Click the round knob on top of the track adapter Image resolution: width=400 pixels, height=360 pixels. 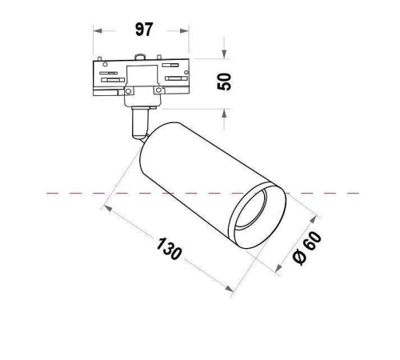click(142, 58)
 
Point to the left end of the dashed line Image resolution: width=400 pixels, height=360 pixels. click(49, 194)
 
